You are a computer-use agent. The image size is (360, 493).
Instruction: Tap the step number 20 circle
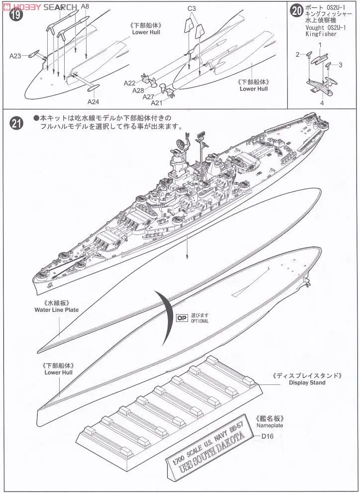pyautogui.click(x=297, y=11)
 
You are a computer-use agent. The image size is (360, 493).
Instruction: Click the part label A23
pyautogui.click(x=15, y=56)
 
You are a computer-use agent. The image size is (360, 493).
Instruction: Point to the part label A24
pyautogui.click(x=93, y=102)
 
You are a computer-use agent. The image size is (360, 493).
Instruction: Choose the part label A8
pyautogui.click(x=85, y=6)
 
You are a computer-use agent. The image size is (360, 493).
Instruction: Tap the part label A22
pyautogui.click(x=130, y=83)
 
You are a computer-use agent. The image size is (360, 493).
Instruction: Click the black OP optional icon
pyautogui.click(x=182, y=318)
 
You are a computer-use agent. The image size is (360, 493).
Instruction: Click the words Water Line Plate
pyautogui.click(x=56, y=309)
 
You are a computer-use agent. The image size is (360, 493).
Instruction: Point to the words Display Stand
pyautogui.click(x=307, y=382)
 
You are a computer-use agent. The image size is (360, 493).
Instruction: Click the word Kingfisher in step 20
pyautogui.click(x=321, y=34)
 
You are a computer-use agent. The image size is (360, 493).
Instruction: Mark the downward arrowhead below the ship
pyautogui.click(x=187, y=255)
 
